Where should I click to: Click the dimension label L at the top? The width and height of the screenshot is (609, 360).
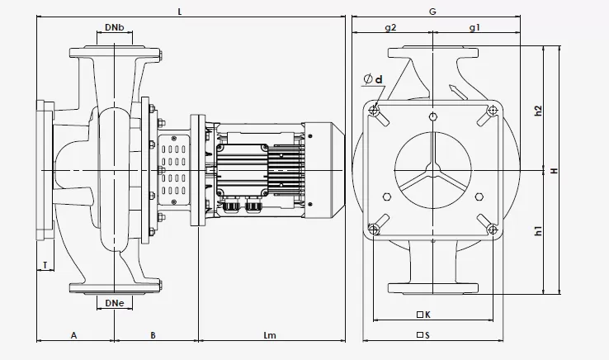pyautogui.click(x=180, y=12)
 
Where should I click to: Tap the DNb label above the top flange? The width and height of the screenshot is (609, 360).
pyautogui.click(x=115, y=28)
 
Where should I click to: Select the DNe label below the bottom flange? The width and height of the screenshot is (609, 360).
pyautogui.click(x=115, y=304)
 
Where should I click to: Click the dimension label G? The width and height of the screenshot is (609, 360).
pyautogui.click(x=432, y=12)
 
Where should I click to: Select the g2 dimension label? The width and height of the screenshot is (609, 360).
pyautogui.click(x=391, y=28)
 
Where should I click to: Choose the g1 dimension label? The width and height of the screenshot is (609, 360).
pyautogui.click(x=475, y=28)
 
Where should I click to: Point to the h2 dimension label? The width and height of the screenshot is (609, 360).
pyautogui.click(x=538, y=111)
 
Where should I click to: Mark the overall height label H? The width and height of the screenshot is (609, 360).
pyautogui.click(x=555, y=170)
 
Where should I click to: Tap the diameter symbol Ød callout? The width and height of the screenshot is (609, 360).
pyautogui.click(x=373, y=80)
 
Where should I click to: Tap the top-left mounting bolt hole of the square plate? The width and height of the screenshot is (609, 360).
pyautogui.click(x=375, y=111)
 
